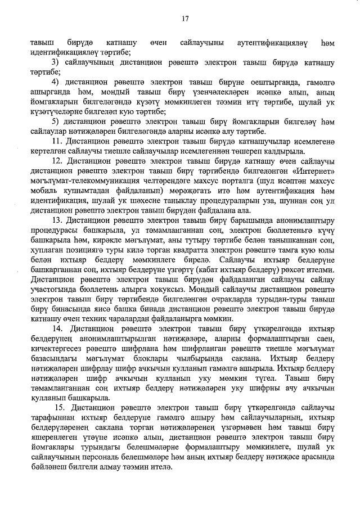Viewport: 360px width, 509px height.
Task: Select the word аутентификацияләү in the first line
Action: click(270, 43)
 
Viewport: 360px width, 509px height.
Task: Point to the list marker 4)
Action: click(56, 82)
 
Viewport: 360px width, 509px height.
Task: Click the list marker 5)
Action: click(56, 121)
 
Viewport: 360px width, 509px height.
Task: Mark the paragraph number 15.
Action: click(60, 407)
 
